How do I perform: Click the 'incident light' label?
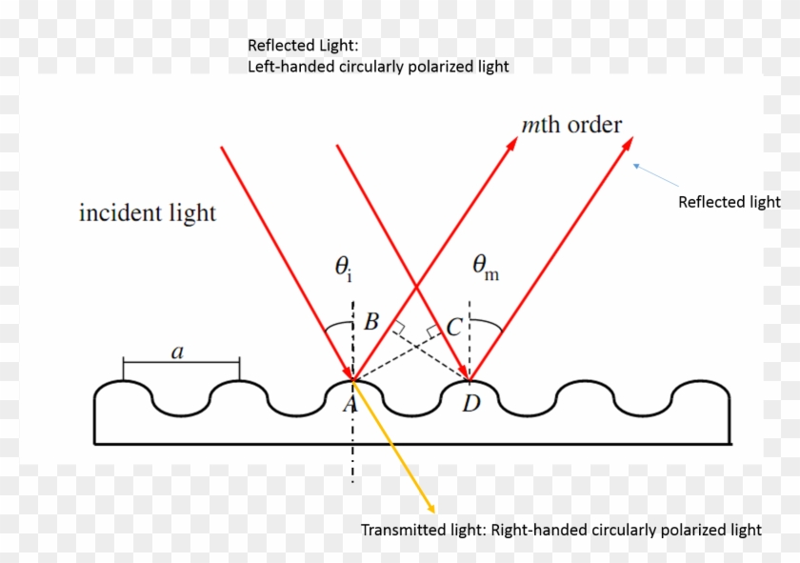click(148, 212)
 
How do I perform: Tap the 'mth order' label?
click(570, 125)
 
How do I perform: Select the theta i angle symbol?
click(343, 269)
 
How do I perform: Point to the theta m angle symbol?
click(486, 268)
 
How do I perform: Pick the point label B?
click(371, 321)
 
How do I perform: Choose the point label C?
click(453, 328)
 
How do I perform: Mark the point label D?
click(470, 405)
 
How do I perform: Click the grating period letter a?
click(177, 352)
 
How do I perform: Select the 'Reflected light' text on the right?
click(729, 202)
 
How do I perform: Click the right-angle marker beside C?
click(433, 331)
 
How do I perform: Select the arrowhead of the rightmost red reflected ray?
click(628, 144)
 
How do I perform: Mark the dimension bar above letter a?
click(181, 362)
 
